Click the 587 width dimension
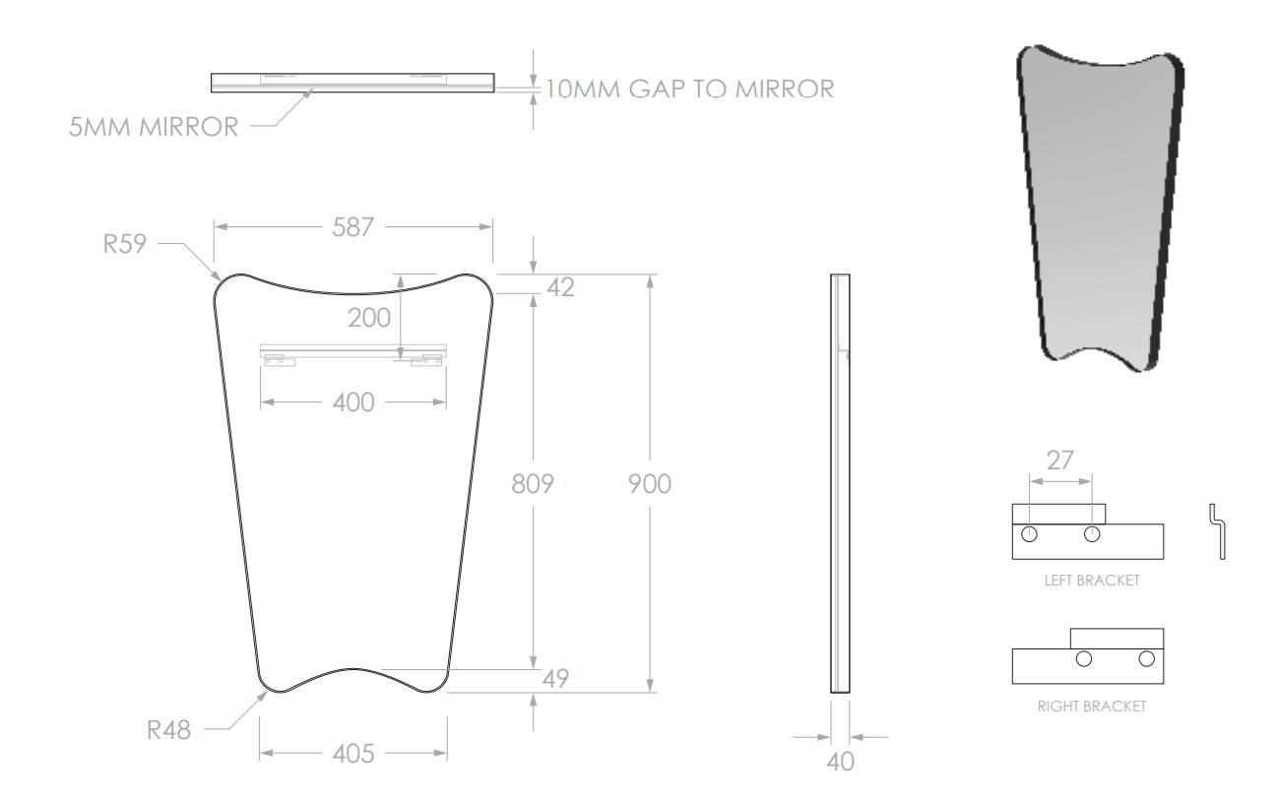click(x=352, y=227)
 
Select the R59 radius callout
click(x=124, y=244)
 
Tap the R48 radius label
click(x=168, y=730)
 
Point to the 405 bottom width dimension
click(x=352, y=754)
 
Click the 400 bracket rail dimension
click(x=352, y=402)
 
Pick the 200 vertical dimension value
click(x=369, y=318)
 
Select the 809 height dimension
click(x=533, y=484)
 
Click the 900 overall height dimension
click(x=650, y=484)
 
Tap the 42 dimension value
click(x=560, y=287)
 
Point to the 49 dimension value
click(x=555, y=679)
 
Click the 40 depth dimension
click(x=840, y=762)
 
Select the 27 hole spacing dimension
click(x=1059, y=461)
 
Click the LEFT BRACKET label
click(x=1092, y=581)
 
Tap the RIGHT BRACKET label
click(x=1092, y=707)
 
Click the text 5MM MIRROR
click(x=154, y=127)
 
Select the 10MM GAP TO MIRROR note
click(x=690, y=89)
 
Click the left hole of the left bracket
click(x=1029, y=534)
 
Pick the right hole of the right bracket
click(x=1146, y=659)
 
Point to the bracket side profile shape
click(x=1218, y=531)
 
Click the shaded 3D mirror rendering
click(x=1101, y=208)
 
